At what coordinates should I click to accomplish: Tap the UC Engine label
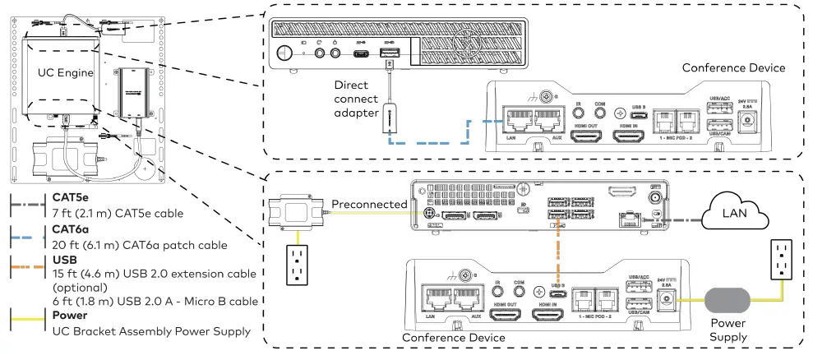tap(66, 73)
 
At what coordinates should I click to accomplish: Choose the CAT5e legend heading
tap(71, 197)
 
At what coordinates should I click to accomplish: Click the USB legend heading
tap(65, 261)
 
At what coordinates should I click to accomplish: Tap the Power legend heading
tap(69, 315)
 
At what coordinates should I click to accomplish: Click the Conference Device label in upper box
tap(733, 68)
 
